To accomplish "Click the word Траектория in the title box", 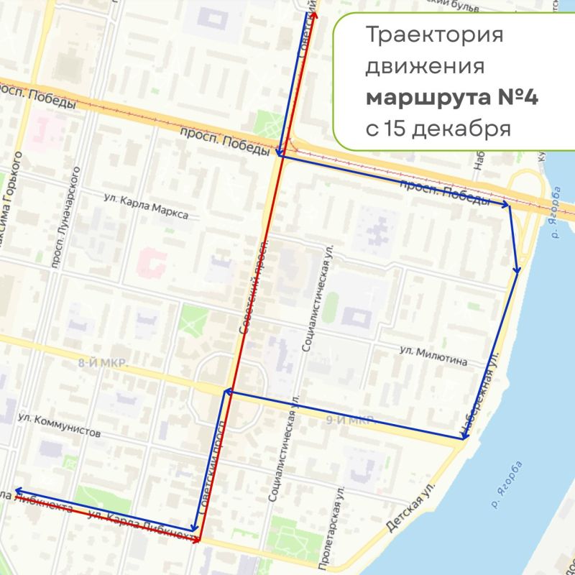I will tap(433, 35).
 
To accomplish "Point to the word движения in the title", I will tap(424, 67).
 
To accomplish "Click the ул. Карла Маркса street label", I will tap(147, 208).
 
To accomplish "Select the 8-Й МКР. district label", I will tap(103, 364).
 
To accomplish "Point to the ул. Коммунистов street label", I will tap(59, 425).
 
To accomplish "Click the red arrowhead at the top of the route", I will tap(315, 14).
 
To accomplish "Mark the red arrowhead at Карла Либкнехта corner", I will tap(196, 538).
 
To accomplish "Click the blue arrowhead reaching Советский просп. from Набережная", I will tap(226, 392).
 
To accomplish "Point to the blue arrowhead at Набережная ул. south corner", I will tap(463, 437).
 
